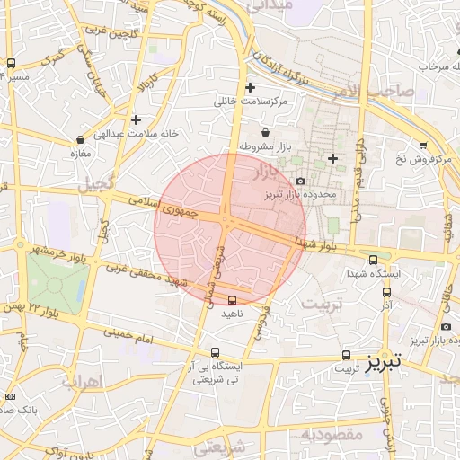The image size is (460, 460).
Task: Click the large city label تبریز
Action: (x=385, y=363)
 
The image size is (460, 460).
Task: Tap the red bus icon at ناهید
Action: (x=233, y=300)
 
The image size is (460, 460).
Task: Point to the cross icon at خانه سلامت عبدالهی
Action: (x=136, y=119)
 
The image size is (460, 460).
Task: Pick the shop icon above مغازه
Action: (x=82, y=139)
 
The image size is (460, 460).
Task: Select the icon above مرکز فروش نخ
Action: (x=423, y=145)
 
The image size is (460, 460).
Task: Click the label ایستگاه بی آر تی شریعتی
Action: (x=215, y=373)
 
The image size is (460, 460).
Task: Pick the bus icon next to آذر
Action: (x=387, y=291)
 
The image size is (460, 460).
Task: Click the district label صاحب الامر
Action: (x=377, y=91)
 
